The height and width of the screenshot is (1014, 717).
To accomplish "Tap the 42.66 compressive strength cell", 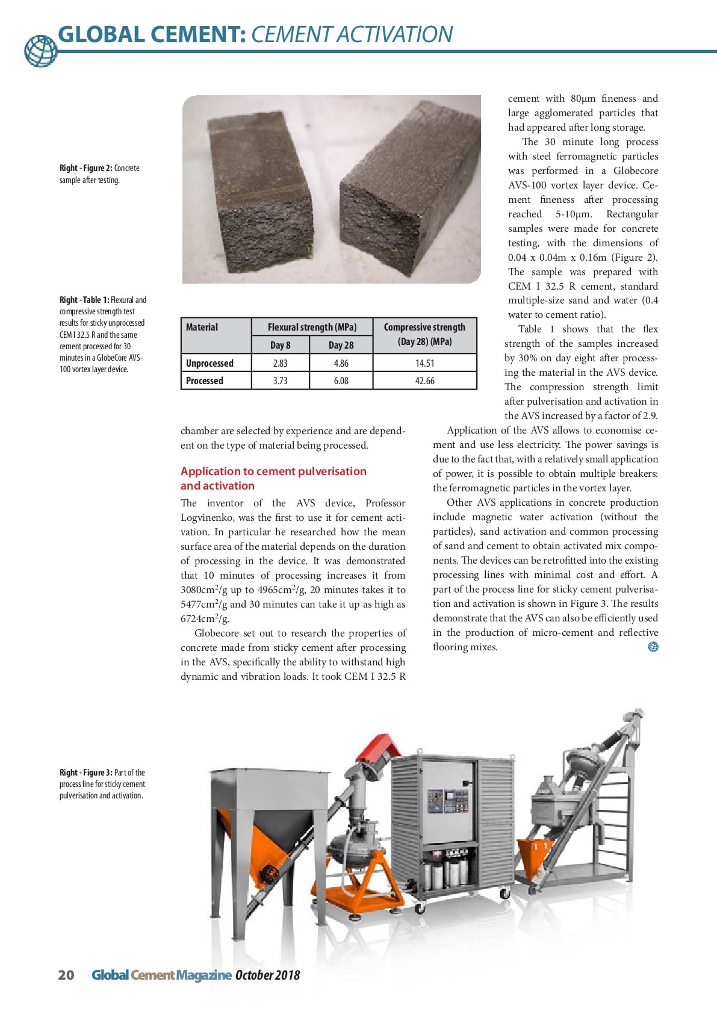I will (424, 381).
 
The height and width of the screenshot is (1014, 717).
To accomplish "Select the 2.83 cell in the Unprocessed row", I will (280, 364).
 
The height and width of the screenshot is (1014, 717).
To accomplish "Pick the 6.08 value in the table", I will (341, 381).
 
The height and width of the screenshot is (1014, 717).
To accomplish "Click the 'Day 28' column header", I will (341, 345).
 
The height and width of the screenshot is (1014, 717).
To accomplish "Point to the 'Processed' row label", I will (205, 381).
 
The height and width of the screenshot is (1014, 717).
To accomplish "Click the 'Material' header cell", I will (202, 328).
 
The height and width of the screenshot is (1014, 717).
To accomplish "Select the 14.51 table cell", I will (424, 364).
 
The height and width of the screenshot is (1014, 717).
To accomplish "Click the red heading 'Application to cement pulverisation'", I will (273, 471).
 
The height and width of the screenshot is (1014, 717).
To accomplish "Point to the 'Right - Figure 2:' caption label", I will (85, 169).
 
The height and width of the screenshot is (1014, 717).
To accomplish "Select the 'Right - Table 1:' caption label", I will (84, 300).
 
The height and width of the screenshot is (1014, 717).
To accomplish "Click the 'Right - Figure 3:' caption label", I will (85, 773).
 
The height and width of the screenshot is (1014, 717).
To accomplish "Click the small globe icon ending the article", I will (653, 647).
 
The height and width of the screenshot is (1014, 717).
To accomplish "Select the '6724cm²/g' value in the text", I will (205, 619).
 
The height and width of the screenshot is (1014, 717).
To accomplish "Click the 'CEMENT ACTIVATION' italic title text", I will (352, 35).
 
